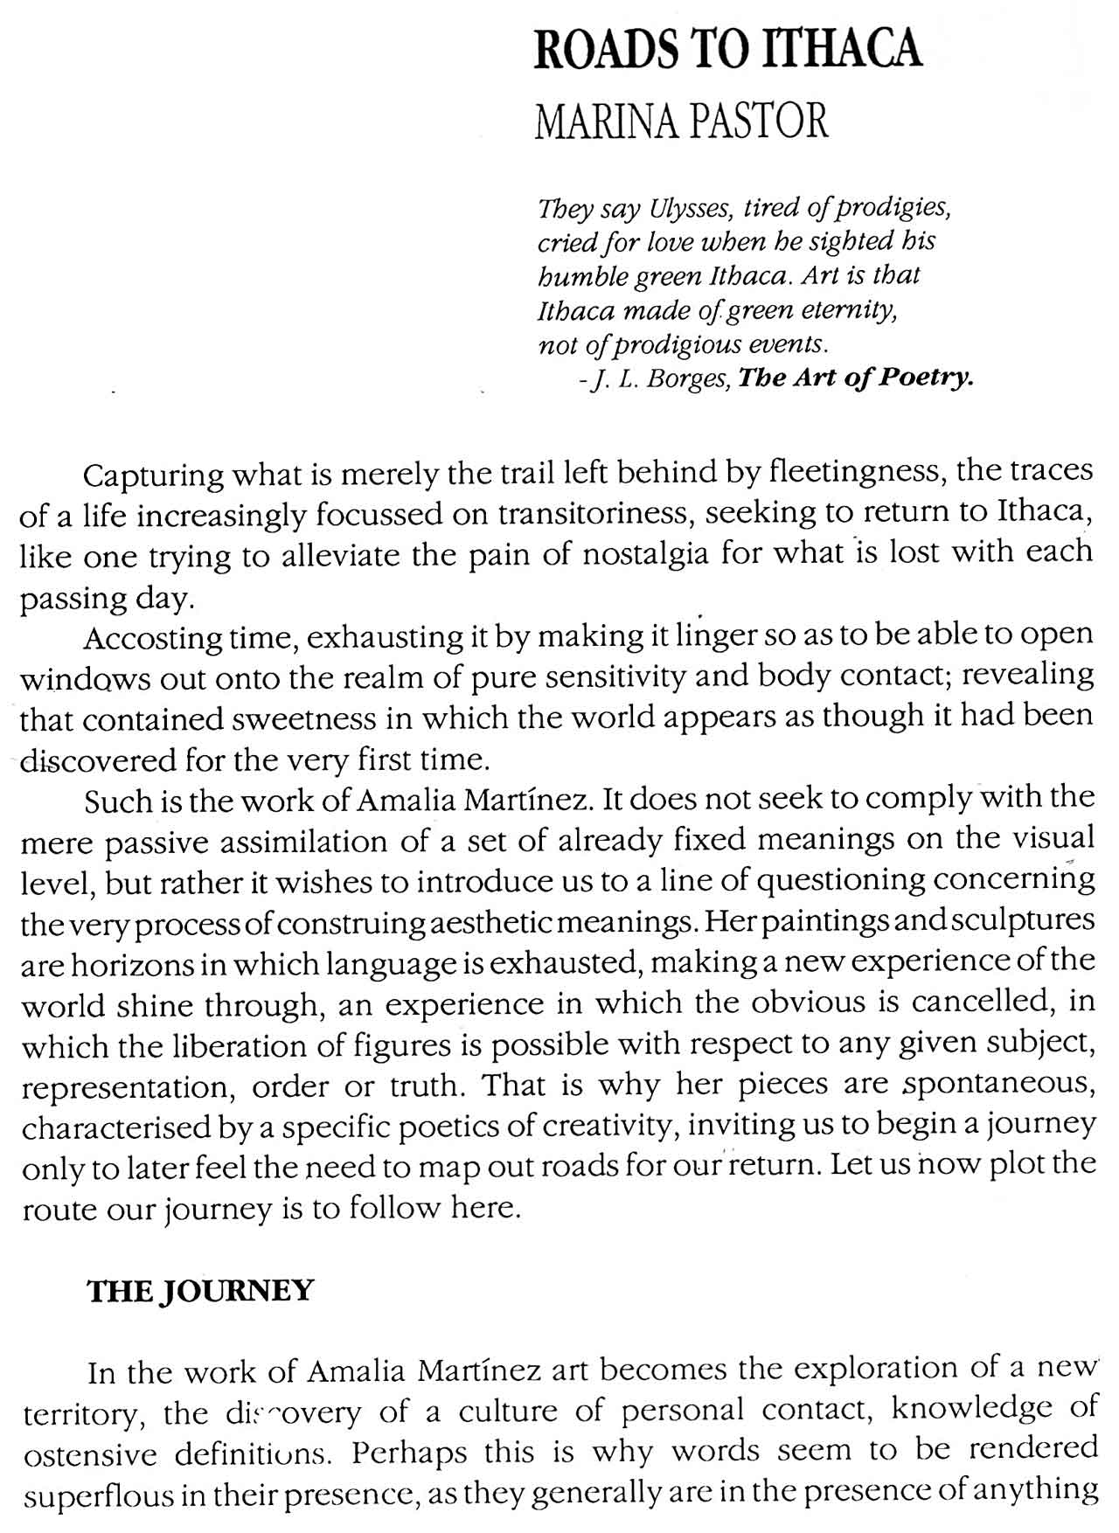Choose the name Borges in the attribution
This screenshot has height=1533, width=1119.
click(688, 379)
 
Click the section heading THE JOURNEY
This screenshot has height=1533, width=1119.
click(200, 1291)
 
